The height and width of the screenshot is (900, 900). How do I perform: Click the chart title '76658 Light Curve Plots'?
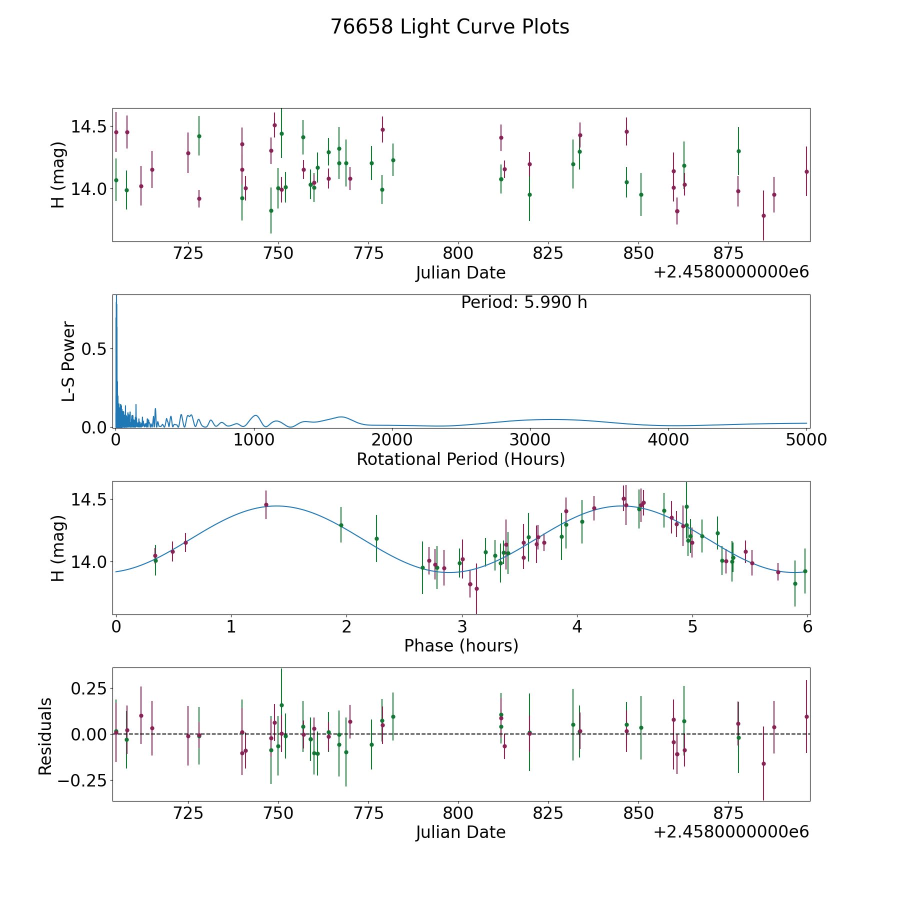pyautogui.click(x=450, y=27)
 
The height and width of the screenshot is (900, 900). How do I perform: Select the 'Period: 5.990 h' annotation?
pyautogui.click(x=524, y=302)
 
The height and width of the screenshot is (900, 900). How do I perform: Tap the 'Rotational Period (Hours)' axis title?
pyautogui.click(x=460, y=459)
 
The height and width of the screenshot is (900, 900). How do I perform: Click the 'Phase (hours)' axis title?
pyautogui.click(x=461, y=645)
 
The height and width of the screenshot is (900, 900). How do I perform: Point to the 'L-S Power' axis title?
pyautogui.click(x=68, y=361)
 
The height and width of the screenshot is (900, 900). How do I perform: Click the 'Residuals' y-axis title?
pyautogui.click(x=45, y=736)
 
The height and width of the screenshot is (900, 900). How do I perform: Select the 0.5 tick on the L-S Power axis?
pyautogui.click(x=94, y=348)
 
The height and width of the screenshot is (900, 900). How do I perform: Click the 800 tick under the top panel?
pyautogui.click(x=458, y=253)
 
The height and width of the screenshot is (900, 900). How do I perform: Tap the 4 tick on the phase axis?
pyautogui.click(x=577, y=626)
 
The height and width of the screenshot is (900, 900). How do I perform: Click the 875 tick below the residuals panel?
pyautogui.click(x=728, y=813)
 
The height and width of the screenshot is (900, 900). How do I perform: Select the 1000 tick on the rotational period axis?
pyautogui.click(x=254, y=439)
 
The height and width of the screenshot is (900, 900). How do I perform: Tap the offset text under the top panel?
pyautogui.click(x=731, y=272)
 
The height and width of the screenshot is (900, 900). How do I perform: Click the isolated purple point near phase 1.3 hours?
pyautogui.click(x=266, y=504)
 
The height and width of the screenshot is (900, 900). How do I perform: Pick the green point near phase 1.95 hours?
pyautogui.click(x=341, y=525)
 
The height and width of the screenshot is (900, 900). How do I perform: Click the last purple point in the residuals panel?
pyautogui.click(x=806, y=716)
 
